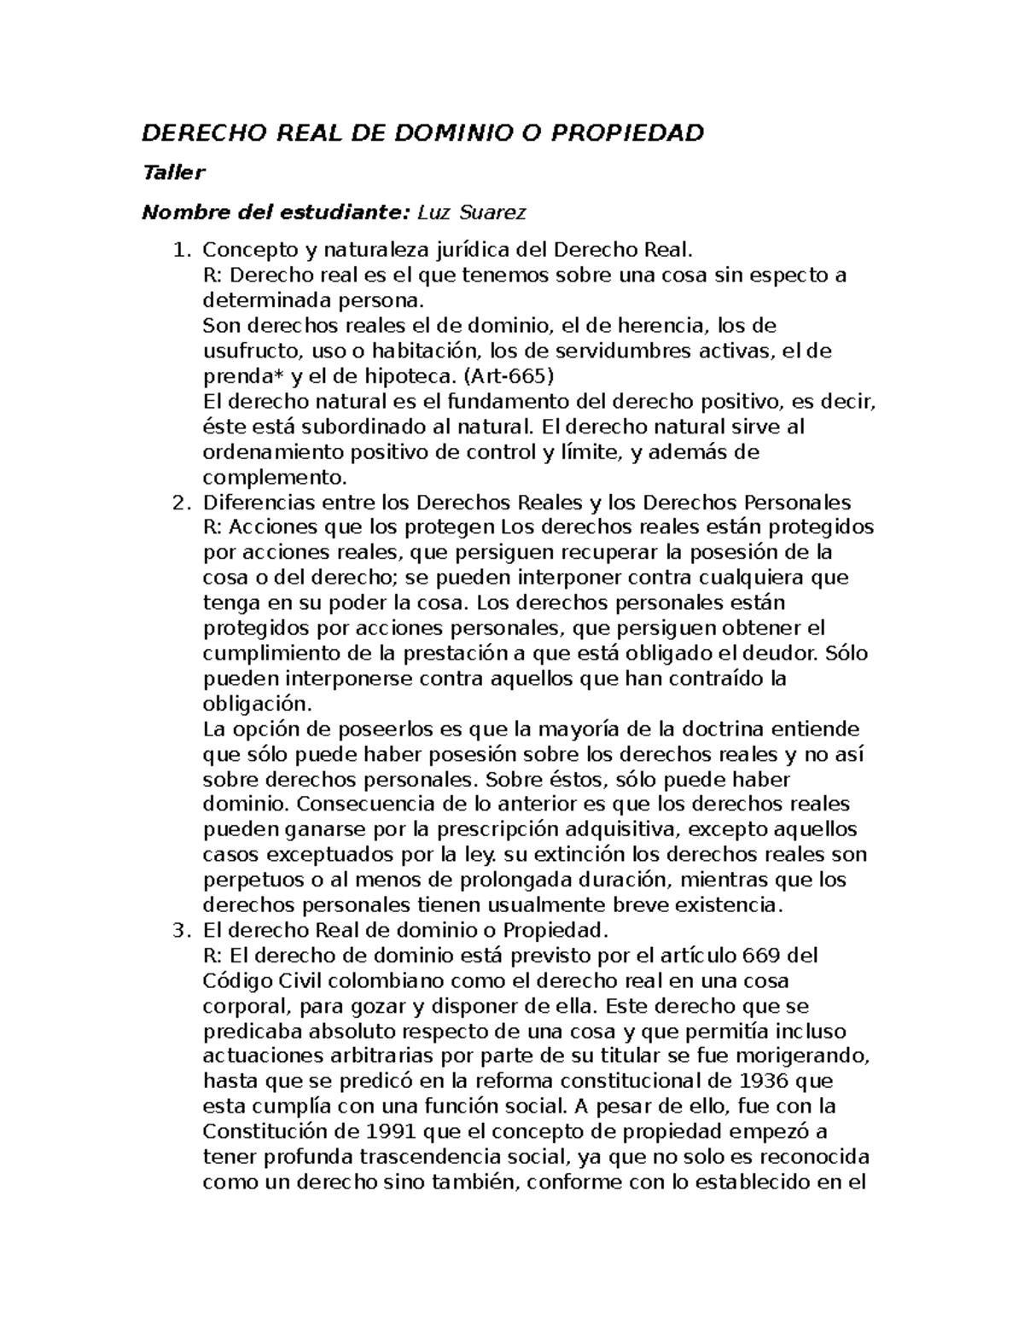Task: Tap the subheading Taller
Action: (x=173, y=173)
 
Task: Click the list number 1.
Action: (x=179, y=250)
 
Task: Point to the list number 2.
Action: (x=179, y=503)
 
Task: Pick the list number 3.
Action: (x=179, y=930)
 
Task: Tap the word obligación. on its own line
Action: (x=258, y=705)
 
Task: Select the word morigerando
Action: (x=802, y=1056)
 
